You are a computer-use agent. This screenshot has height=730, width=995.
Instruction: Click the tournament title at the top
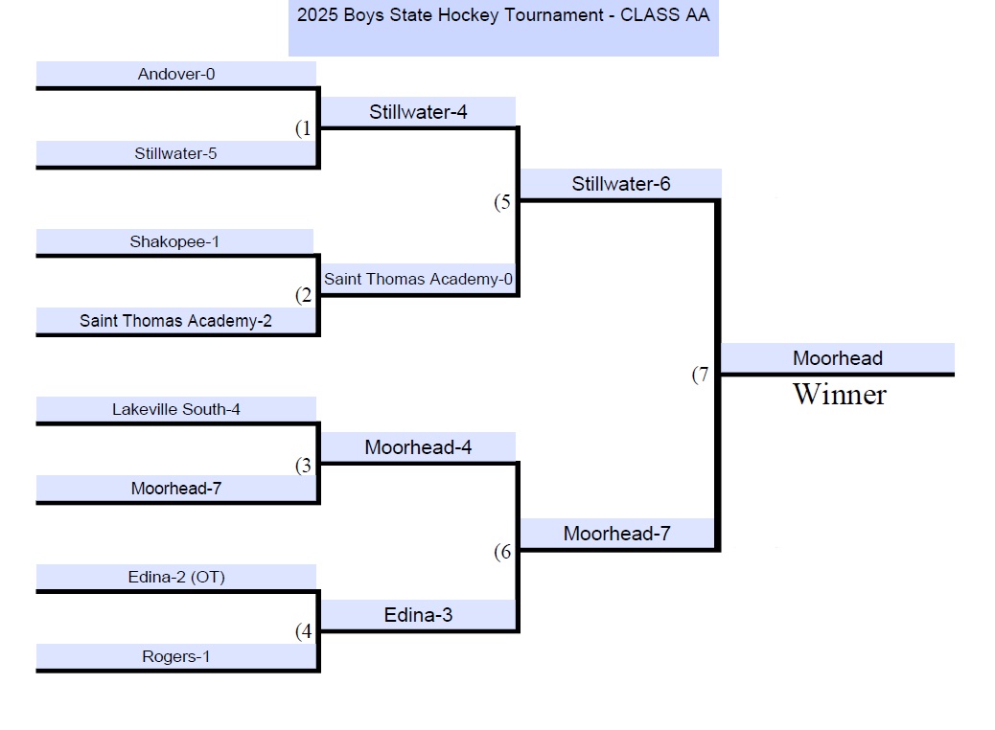(x=503, y=15)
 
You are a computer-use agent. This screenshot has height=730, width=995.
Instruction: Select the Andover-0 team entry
(x=176, y=74)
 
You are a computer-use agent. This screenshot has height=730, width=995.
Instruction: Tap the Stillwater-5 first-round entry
(x=175, y=153)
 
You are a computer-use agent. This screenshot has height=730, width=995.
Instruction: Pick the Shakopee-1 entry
(x=174, y=241)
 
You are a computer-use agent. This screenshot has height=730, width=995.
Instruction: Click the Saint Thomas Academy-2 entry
(x=175, y=321)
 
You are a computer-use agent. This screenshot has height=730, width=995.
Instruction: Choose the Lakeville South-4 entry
(x=176, y=409)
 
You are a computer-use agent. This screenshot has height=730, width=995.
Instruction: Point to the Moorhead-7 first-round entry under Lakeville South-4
(x=176, y=489)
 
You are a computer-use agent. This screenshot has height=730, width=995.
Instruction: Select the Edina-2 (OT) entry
(x=176, y=577)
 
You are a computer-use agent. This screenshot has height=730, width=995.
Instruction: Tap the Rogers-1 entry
(x=176, y=656)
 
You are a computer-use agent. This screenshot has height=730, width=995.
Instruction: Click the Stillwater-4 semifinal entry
(x=418, y=112)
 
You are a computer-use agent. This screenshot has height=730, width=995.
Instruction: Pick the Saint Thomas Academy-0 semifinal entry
(x=418, y=280)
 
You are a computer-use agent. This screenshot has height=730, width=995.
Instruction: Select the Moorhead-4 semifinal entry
(x=418, y=447)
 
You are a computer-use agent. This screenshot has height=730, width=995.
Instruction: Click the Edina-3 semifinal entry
(x=418, y=615)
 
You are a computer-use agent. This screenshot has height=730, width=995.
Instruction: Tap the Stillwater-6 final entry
(x=621, y=184)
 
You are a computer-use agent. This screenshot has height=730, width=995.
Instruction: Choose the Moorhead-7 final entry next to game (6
(x=617, y=534)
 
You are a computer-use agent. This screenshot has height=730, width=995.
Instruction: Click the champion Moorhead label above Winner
(x=838, y=358)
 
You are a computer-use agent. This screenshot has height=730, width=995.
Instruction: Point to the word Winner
(x=839, y=395)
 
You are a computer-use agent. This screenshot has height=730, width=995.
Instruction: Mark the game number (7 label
(x=701, y=376)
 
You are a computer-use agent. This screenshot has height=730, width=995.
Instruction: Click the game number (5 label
(x=503, y=202)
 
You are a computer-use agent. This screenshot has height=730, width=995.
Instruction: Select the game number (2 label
(x=304, y=295)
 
